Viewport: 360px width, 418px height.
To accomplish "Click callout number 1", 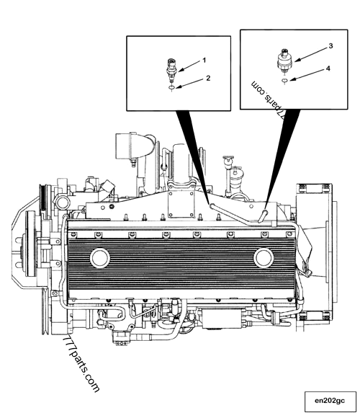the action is coord(204,61).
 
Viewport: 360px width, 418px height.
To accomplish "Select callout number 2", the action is coord(208,78).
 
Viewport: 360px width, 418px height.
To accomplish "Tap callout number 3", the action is coord(330,46).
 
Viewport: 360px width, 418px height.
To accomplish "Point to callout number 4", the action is coord(328,68).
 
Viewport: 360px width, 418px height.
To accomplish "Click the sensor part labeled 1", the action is coord(171,70).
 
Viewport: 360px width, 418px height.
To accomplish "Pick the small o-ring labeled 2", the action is coord(172,87).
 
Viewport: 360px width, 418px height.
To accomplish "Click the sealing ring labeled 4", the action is coord(284,81).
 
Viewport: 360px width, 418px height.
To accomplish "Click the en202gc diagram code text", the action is coord(330,401).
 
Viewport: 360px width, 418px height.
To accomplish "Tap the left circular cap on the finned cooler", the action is coord(100,258).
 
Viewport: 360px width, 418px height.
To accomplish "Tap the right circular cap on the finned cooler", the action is coord(264,258).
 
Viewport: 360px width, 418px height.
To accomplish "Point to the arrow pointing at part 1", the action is coord(189,66).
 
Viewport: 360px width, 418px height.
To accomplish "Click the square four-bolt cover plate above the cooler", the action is coord(181,203).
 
